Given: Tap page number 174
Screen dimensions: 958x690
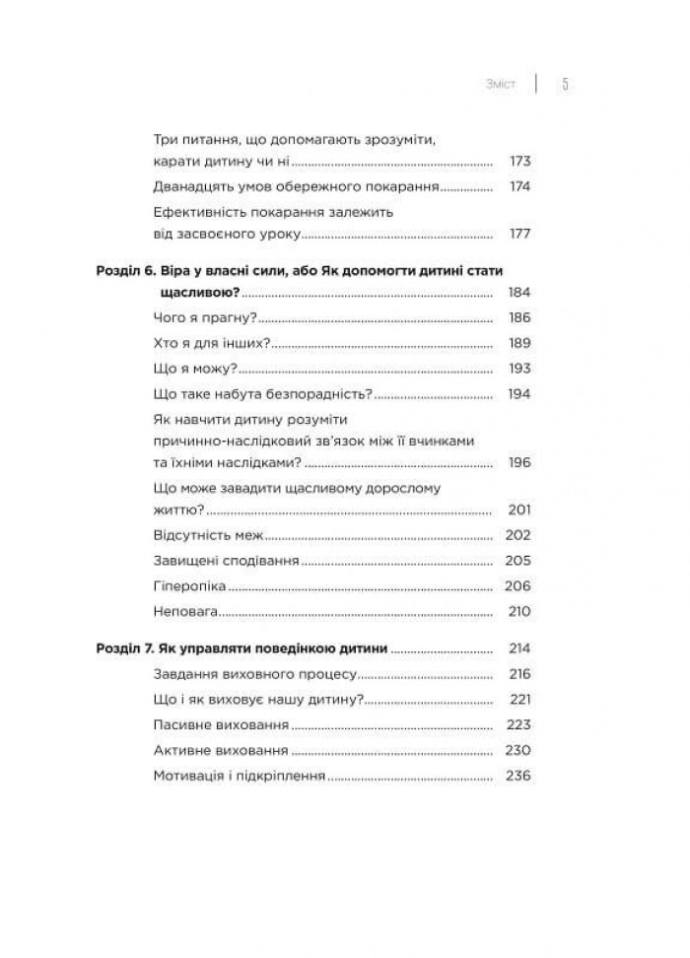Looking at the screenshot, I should (518, 186).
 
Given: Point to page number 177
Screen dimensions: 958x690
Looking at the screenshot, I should (518, 235).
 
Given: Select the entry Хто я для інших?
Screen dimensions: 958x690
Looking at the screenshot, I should (213, 343).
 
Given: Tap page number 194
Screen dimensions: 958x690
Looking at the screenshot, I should (518, 393).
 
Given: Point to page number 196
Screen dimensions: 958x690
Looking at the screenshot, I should (518, 461).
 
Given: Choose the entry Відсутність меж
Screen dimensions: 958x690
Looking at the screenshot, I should (210, 535).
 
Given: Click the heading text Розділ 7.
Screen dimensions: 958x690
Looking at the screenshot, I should (125, 650).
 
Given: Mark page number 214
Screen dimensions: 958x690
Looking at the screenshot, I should (518, 650).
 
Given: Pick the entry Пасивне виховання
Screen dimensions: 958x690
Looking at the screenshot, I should (222, 725).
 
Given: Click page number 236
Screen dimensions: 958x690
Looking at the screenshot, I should (518, 776).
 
